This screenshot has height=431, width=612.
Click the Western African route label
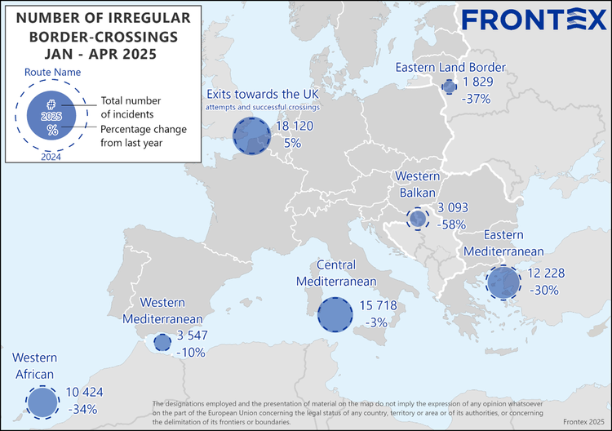(x=33, y=366)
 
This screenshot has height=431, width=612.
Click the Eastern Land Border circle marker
(x=449, y=87)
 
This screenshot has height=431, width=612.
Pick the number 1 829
(x=480, y=82)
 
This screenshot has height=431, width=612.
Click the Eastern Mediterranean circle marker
(x=503, y=282)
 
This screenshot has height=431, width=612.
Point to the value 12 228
(x=547, y=273)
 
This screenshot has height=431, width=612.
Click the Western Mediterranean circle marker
(x=162, y=342)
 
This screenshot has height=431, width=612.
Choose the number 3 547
(x=194, y=335)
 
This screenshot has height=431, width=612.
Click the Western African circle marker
(x=42, y=402)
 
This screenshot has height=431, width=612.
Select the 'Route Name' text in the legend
(x=51, y=71)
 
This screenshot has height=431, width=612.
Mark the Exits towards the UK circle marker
(x=251, y=136)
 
